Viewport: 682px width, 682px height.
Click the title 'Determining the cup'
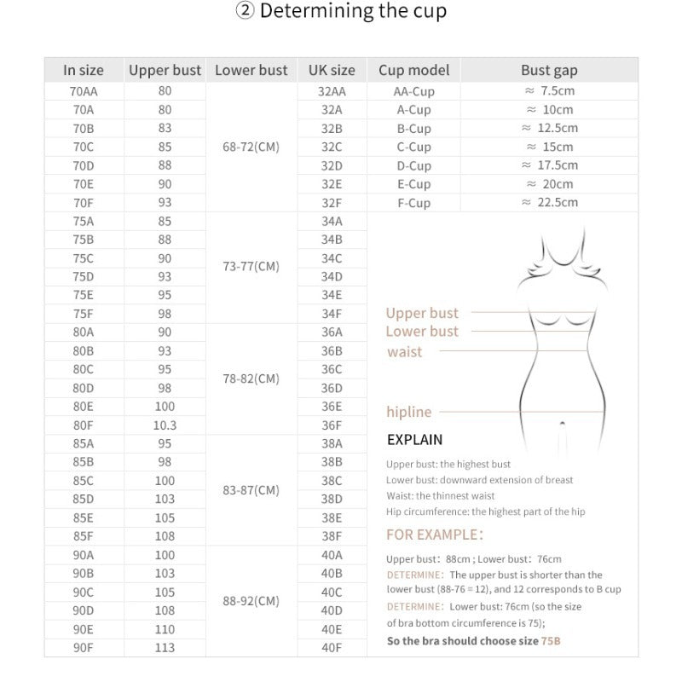click(341, 12)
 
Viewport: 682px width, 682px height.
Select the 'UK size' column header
click(332, 70)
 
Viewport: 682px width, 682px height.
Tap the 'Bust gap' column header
click(549, 70)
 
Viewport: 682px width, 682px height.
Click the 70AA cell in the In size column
click(84, 90)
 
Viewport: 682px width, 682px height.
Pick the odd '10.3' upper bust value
click(165, 425)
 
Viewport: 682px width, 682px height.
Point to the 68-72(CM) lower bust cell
click(251, 147)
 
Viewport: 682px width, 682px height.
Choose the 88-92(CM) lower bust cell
click(251, 601)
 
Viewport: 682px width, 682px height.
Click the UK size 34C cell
click(332, 258)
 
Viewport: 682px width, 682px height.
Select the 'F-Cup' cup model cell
click(414, 203)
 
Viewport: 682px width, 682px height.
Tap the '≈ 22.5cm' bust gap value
click(549, 202)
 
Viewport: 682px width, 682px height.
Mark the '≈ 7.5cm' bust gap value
click(549, 90)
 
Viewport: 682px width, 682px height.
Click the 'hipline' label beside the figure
click(409, 412)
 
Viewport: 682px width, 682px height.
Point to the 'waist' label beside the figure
click(404, 351)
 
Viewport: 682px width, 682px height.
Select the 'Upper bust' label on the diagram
click(422, 313)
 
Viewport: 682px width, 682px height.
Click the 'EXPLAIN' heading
click(415, 440)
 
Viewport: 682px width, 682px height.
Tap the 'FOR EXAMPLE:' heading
click(435, 535)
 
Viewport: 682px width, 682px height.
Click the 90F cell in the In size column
click(84, 648)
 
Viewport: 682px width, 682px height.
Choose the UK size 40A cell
click(332, 554)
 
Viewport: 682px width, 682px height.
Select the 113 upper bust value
click(165, 648)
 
